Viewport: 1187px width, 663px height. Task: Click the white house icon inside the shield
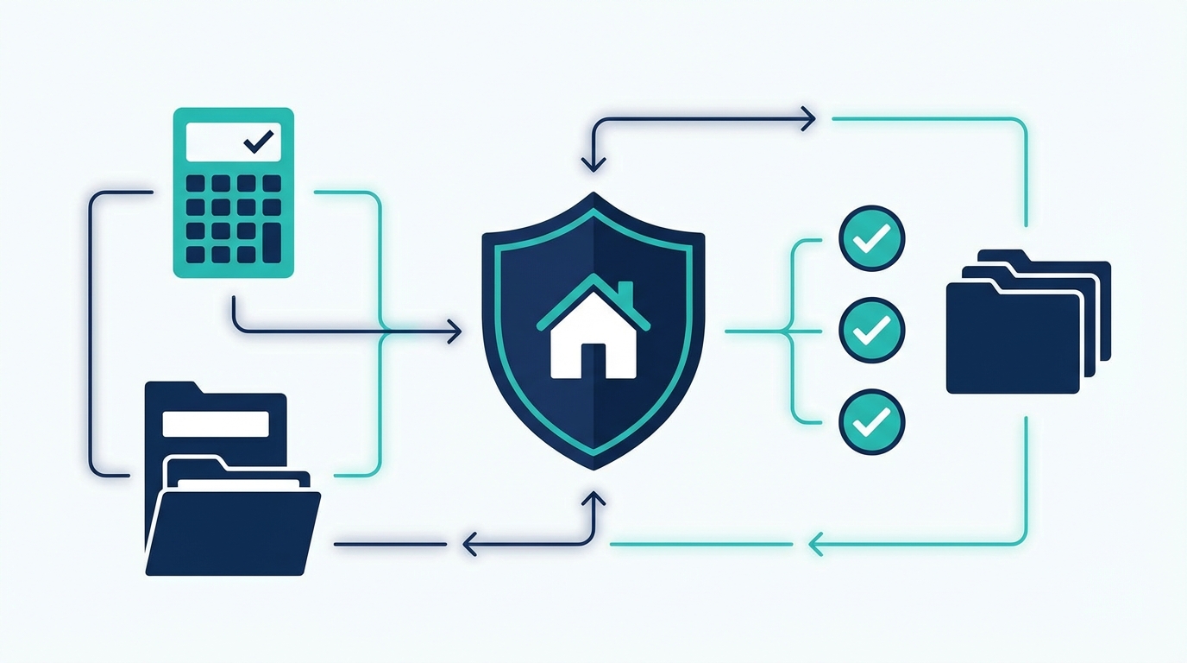tap(593, 341)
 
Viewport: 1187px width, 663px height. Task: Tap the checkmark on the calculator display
tap(258, 141)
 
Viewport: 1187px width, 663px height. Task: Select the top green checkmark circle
tap(871, 237)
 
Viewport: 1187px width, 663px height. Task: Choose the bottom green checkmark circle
tap(871, 422)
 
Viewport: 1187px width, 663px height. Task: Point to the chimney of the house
tap(625, 292)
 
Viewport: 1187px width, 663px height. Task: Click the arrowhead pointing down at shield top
tap(593, 162)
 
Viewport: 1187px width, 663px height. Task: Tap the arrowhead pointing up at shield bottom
tap(593, 499)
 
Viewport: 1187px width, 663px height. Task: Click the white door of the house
tap(593, 360)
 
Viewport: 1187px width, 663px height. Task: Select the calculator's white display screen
tap(233, 142)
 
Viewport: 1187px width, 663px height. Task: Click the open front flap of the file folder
tap(233, 532)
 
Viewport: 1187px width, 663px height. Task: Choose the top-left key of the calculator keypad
tap(196, 183)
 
